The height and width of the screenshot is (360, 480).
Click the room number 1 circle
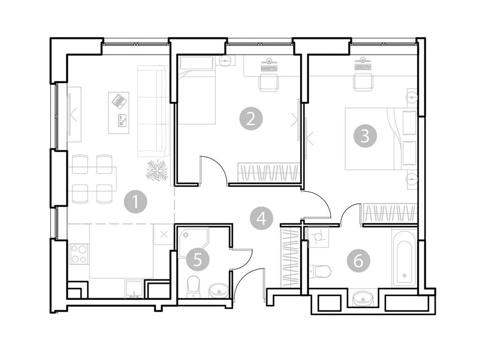point(135,202)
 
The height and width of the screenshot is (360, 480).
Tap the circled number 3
point(365,136)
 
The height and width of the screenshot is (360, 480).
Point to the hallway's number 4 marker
point(261,218)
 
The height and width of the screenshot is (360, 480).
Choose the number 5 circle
point(197,259)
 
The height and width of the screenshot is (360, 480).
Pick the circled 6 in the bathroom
point(359,261)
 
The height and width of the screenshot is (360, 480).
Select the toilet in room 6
point(320,270)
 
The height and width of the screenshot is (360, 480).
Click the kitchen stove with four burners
point(78,254)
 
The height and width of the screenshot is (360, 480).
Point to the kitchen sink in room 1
point(134,288)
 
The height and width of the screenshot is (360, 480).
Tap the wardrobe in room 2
point(268,172)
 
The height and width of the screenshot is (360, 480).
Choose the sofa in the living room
point(152,111)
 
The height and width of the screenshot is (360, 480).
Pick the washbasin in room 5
point(217,290)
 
